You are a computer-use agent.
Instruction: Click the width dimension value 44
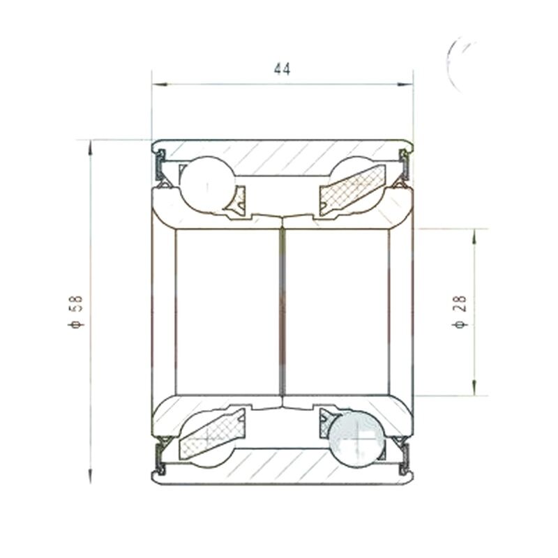pos(282,69)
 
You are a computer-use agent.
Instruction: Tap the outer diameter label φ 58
pos(76,311)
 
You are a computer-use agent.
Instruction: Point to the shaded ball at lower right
pos(357,439)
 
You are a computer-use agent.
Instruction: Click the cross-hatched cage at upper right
pos(352,190)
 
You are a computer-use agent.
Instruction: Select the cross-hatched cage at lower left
pos(213,434)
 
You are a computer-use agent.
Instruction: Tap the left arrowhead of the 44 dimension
pos(160,84)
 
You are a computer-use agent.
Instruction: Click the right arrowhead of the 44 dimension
pos(405,84)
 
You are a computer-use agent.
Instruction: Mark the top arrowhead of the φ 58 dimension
pos(91,147)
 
